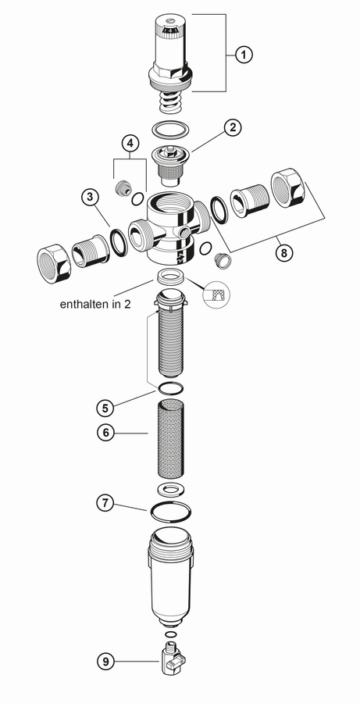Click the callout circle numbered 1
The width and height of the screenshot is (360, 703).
(244, 55)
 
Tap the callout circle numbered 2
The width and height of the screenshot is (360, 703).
(232, 127)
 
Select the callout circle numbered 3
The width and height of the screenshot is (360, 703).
(91, 197)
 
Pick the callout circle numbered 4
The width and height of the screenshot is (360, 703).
(130, 144)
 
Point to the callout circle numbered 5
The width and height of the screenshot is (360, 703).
(105, 408)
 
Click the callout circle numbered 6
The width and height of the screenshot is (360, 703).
(105, 433)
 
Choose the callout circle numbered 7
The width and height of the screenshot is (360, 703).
(105, 502)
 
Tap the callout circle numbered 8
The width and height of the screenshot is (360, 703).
(283, 253)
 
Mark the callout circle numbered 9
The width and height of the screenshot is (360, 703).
(105, 662)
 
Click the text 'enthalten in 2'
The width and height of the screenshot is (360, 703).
(95, 304)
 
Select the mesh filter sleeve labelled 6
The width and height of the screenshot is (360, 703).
(169, 439)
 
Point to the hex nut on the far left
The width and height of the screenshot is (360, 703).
(53, 263)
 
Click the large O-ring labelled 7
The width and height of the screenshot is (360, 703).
(170, 512)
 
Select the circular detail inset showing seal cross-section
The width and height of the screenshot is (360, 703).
(217, 294)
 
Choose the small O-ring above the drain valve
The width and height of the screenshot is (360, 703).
(170, 634)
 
